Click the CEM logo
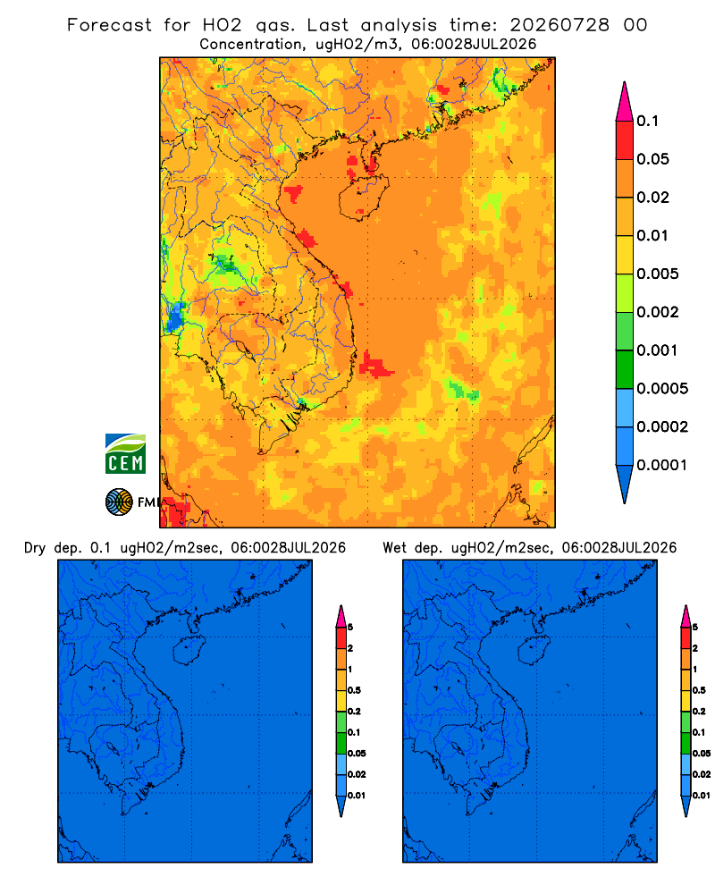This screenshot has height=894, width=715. tap(125, 453)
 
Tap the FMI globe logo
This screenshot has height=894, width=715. tap(119, 502)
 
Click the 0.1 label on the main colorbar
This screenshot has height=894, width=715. tap(647, 121)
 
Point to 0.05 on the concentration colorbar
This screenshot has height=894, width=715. tap(652, 159)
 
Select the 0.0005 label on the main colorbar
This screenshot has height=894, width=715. tap(662, 389)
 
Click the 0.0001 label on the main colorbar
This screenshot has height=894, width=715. tap(662, 465)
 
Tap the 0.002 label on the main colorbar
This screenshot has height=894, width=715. tap(658, 312)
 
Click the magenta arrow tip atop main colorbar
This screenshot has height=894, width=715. tap(625, 83)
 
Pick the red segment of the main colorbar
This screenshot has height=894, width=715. tap(625, 140)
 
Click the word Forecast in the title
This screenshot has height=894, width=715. tap(109, 25)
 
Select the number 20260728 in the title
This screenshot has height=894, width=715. tap(559, 25)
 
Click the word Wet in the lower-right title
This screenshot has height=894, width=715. tap(394, 548)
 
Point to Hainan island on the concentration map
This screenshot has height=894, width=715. tap(363, 198)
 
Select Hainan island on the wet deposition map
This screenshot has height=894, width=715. tap(534, 650)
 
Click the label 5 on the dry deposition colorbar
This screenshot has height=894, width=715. tap(350, 628)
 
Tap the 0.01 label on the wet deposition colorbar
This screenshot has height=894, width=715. tap(702, 796)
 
